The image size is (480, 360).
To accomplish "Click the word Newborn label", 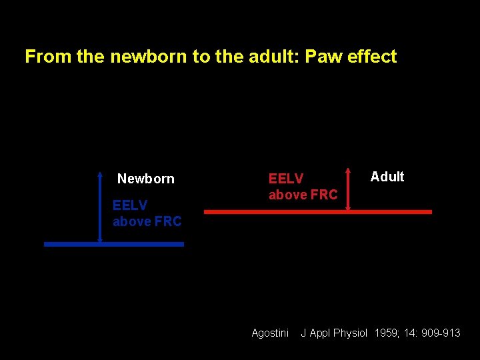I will pyautogui.click(x=145, y=179).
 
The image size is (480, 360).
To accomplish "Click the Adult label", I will pyautogui.click(x=387, y=177).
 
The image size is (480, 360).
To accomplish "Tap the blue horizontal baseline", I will pyautogui.click(x=113, y=245).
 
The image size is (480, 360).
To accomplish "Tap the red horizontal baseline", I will pyautogui.click(x=317, y=211).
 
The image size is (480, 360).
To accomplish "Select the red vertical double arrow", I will pyautogui.click(x=348, y=190).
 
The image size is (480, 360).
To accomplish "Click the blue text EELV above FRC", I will pyautogui.click(x=147, y=213).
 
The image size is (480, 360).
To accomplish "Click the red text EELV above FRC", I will pyautogui.click(x=303, y=187).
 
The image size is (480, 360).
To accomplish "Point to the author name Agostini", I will pyautogui.click(x=270, y=333).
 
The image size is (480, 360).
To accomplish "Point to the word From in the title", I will pyautogui.click(x=48, y=57).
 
